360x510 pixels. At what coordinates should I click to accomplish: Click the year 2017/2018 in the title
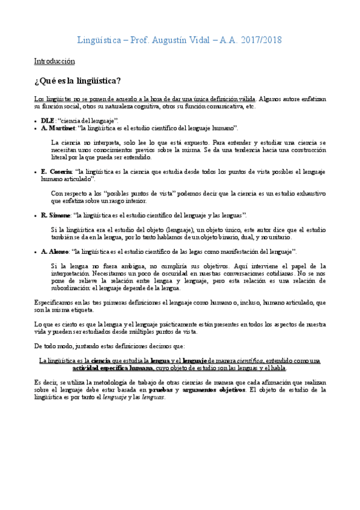pos(260,40)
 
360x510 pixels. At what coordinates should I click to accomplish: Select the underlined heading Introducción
pos(54,61)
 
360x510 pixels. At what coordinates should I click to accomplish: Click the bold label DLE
pos(48,121)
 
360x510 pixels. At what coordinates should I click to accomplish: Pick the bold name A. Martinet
pos(58,128)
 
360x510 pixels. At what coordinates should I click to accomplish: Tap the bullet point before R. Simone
pos(36,215)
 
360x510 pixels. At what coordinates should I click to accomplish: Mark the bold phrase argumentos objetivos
pos(214,373)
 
